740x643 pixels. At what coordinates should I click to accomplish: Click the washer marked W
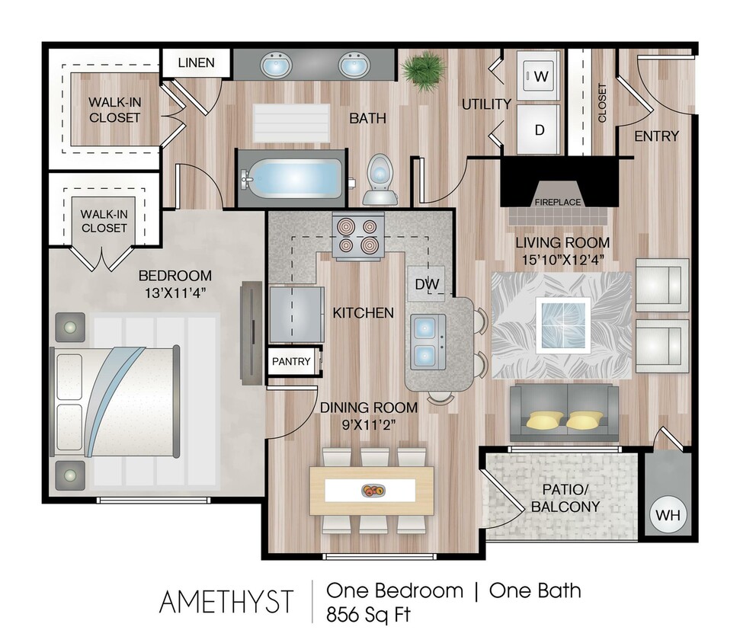540,76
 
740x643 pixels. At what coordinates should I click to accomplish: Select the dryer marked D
540,129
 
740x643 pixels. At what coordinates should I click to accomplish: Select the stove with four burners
357,236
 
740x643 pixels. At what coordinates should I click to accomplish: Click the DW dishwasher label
427,284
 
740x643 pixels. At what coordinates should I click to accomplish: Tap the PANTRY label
291,361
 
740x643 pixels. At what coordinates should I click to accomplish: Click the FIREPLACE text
557,202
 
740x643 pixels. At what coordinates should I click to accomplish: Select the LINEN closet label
196,62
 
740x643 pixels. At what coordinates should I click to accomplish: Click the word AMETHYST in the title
226,602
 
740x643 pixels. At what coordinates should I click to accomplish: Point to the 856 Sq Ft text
368,614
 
